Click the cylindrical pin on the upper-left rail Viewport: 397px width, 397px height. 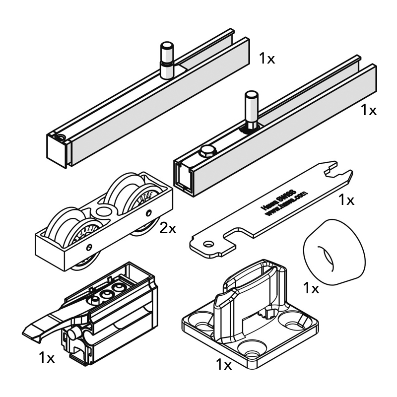166,61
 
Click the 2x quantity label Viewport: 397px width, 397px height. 168,228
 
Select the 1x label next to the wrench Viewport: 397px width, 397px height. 346,200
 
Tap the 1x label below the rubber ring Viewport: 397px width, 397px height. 311,288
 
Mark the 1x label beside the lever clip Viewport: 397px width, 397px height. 47,357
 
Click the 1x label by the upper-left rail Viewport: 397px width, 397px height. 266,59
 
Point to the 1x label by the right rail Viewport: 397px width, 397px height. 369,110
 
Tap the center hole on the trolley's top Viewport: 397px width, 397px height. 103,211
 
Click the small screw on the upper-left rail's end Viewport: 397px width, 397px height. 61,138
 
